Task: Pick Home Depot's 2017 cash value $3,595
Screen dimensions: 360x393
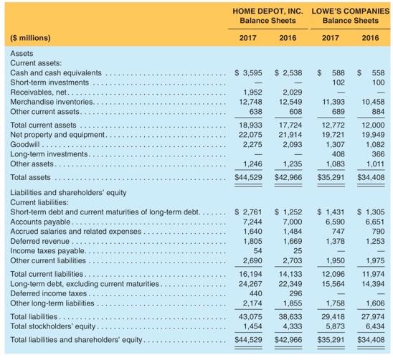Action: [250, 72]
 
